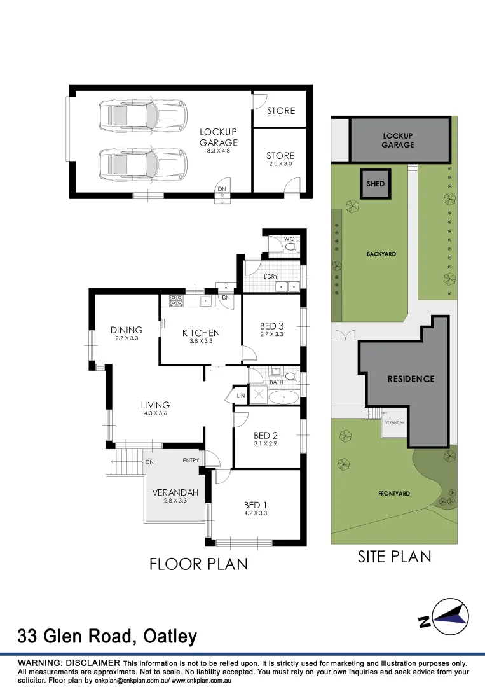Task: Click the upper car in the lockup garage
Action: (x=142, y=116)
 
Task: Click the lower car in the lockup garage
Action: (x=142, y=164)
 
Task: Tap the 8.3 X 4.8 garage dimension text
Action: (x=219, y=152)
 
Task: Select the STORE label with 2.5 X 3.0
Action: (x=280, y=156)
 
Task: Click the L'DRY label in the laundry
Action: (x=270, y=277)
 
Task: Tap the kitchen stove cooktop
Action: (x=176, y=301)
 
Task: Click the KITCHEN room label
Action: (x=201, y=333)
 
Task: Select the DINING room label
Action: (x=126, y=330)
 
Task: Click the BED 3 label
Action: (x=271, y=326)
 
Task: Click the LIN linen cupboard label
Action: (x=240, y=396)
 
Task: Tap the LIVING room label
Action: (x=155, y=405)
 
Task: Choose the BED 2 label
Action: (x=266, y=436)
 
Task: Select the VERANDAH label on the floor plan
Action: (x=175, y=492)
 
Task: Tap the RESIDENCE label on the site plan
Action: (x=411, y=378)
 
